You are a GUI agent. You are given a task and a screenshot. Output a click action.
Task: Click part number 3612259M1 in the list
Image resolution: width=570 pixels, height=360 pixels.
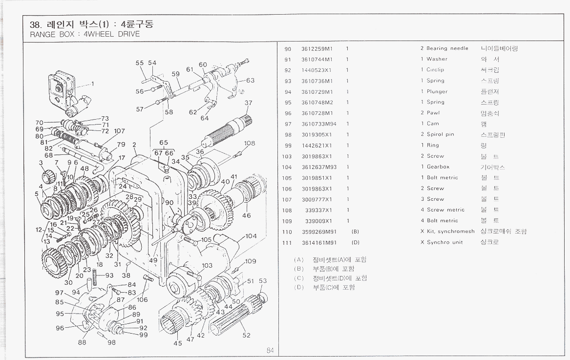coord(317,48)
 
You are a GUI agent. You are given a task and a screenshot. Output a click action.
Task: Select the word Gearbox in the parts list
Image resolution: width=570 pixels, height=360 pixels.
coord(438,167)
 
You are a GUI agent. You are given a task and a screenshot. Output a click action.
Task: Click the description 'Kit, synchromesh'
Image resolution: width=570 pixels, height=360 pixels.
coord(450,232)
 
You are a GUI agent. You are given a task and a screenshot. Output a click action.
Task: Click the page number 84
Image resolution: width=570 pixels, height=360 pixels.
coord(270,350)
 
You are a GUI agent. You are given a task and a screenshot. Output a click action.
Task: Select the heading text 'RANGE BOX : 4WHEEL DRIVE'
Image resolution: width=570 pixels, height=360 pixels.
coord(85,34)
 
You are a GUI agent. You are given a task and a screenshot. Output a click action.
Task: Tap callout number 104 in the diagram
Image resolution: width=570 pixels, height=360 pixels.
coord(251,236)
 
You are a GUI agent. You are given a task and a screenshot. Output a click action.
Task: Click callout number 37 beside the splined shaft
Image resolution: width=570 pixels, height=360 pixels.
coord(249,103)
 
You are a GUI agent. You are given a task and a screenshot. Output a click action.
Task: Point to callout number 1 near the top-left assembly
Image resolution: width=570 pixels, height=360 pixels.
coord(93,83)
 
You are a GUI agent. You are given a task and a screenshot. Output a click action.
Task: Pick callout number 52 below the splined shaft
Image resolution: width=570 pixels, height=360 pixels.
coord(247,335)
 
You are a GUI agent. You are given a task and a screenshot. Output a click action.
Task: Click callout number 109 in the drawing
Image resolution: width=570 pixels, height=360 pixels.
coord(251,261)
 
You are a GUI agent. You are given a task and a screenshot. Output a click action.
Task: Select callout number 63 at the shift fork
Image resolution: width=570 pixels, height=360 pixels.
coord(250,81)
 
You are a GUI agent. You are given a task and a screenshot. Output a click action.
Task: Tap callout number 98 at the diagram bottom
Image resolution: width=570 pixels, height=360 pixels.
coord(112,342)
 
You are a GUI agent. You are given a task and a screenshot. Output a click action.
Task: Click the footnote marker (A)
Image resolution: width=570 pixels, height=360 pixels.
coord(299,260)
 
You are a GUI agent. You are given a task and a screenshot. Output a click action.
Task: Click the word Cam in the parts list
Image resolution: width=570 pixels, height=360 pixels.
coord(433,124)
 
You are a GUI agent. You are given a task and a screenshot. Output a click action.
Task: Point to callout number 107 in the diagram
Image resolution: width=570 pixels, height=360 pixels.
coord(119,131)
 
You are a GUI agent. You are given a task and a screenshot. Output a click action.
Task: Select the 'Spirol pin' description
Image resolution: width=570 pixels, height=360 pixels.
coord(440,135)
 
